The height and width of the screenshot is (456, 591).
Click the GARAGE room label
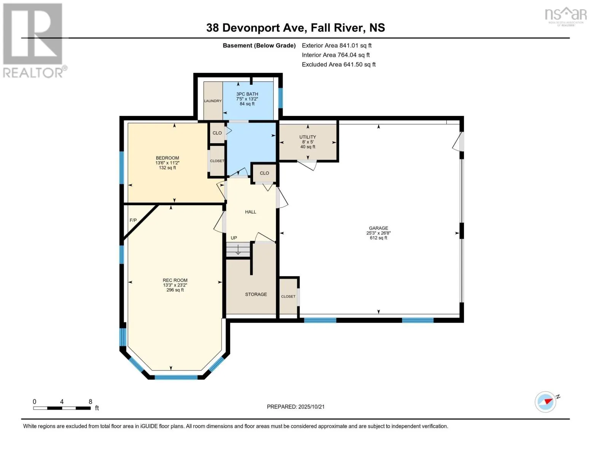click(x=378, y=228)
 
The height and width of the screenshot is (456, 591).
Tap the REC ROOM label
click(x=175, y=280)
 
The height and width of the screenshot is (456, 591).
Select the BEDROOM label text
click(x=167, y=158)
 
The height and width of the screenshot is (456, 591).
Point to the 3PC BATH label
click(x=247, y=94)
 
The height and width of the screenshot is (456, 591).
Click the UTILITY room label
click(x=307, y=137)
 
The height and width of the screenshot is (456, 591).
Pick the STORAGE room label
click(x=256, y=294)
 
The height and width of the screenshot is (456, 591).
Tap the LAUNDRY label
click(x=213, y=101)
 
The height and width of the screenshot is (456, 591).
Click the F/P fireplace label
click(x=133, y=220)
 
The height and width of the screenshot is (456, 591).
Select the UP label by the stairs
click(x=234, y=238)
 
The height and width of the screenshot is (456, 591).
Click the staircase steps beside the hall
click(x=238, y=250)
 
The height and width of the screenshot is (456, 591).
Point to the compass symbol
click(x=545, y=402)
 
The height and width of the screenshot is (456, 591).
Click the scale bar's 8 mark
click(x=91, y=402)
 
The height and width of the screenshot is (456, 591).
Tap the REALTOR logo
click(x=33, y=40)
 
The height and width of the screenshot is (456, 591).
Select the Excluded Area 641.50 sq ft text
click(x=339, y=65)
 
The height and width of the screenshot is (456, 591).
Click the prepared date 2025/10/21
click(x=311, y=407)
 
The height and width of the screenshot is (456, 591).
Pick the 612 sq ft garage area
click(x=378, y=238)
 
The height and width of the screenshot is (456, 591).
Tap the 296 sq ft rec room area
click(x=175, y=290)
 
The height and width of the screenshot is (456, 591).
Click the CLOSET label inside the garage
click(x=288, y=296)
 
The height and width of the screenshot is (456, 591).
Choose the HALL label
click(x=250, y=212)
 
